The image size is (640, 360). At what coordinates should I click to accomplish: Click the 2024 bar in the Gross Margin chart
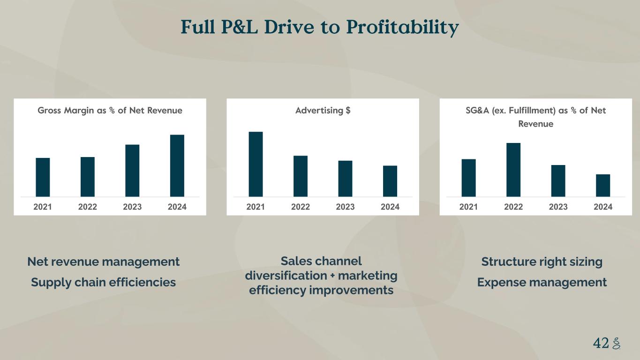[x=177, y=165]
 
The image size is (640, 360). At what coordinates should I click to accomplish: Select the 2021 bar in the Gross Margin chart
[x=43, y=177]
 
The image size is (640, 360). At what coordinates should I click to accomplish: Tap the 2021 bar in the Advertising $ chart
[x=256, y=164]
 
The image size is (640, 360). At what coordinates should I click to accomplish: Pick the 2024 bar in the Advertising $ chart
[x=390, y=181]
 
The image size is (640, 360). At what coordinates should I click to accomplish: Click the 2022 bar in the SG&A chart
[x=513, y=170]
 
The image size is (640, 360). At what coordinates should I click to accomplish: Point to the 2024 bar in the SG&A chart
[x=603, y=185]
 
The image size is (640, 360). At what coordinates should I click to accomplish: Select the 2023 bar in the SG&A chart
[x=558, y=180]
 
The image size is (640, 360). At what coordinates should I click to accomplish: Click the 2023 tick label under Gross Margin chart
[x=132, y=207]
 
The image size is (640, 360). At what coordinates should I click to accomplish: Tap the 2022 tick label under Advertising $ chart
[x=301, y=207]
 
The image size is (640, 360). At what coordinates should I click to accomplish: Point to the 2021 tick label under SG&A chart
[x=468, y=207]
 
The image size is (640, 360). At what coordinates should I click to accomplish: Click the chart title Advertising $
[x=323, y=111]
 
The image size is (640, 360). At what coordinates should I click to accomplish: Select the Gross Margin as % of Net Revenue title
[x=110, y=111]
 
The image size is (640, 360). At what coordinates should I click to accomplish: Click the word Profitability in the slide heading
[x=402, y=28]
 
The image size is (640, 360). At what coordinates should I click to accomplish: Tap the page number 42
[x=601, y=343]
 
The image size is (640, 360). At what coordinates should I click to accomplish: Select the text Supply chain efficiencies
[x=103, y=282]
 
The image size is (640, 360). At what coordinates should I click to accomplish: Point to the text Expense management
[x=542, y=282]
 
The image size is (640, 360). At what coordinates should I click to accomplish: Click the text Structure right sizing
[x=542, y=262]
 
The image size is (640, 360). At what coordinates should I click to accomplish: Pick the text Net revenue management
[x=103, y=262]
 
